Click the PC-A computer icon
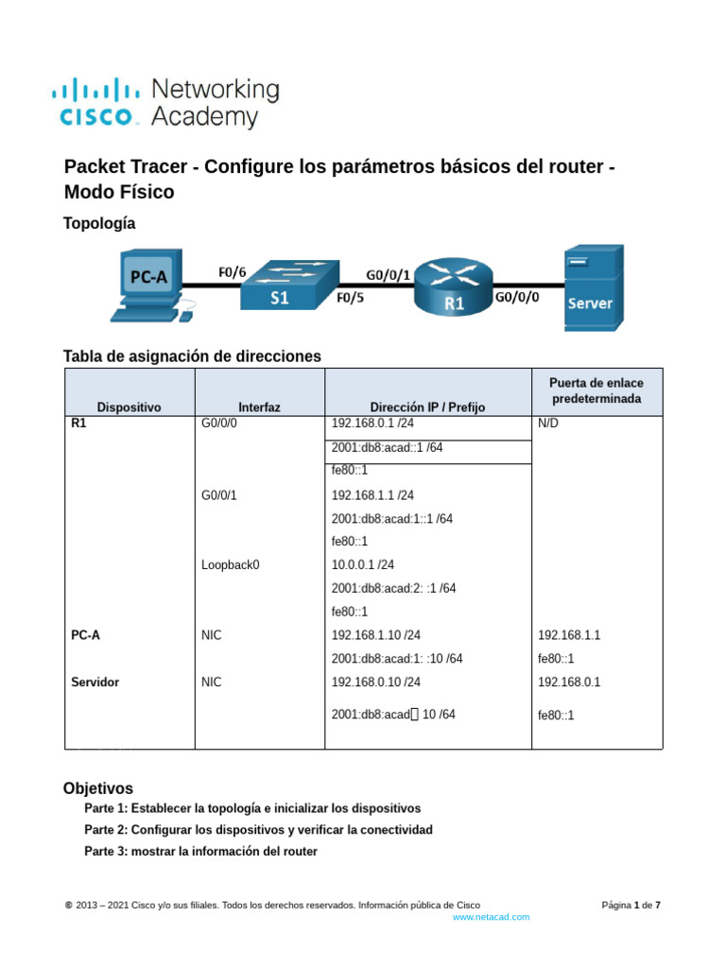(x=152, y=285)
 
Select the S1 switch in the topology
(x=289, y=285)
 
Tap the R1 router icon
(x=454, y=286)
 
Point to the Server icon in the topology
(x=594, y=287)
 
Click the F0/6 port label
(x=233, y=272)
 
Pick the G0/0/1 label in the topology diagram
(x=388, y=275)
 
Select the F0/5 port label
(x=350, y=298)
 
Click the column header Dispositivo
(x=129, y=406)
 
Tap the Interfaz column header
(x=259, y=406)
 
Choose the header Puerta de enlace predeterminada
(x=596, y=390)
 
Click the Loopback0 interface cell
(x=231, y=565)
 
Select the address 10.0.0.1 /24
(x=362, y=564)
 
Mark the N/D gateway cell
(x=548, y=423)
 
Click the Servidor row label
(x=95, y=683)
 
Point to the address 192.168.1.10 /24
(x=376, y=634)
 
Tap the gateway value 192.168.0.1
(x=569, y=683)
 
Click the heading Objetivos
(x=98, y=788)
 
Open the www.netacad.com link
(x=492, y=917)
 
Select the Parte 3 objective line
(x=200, y=852)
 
